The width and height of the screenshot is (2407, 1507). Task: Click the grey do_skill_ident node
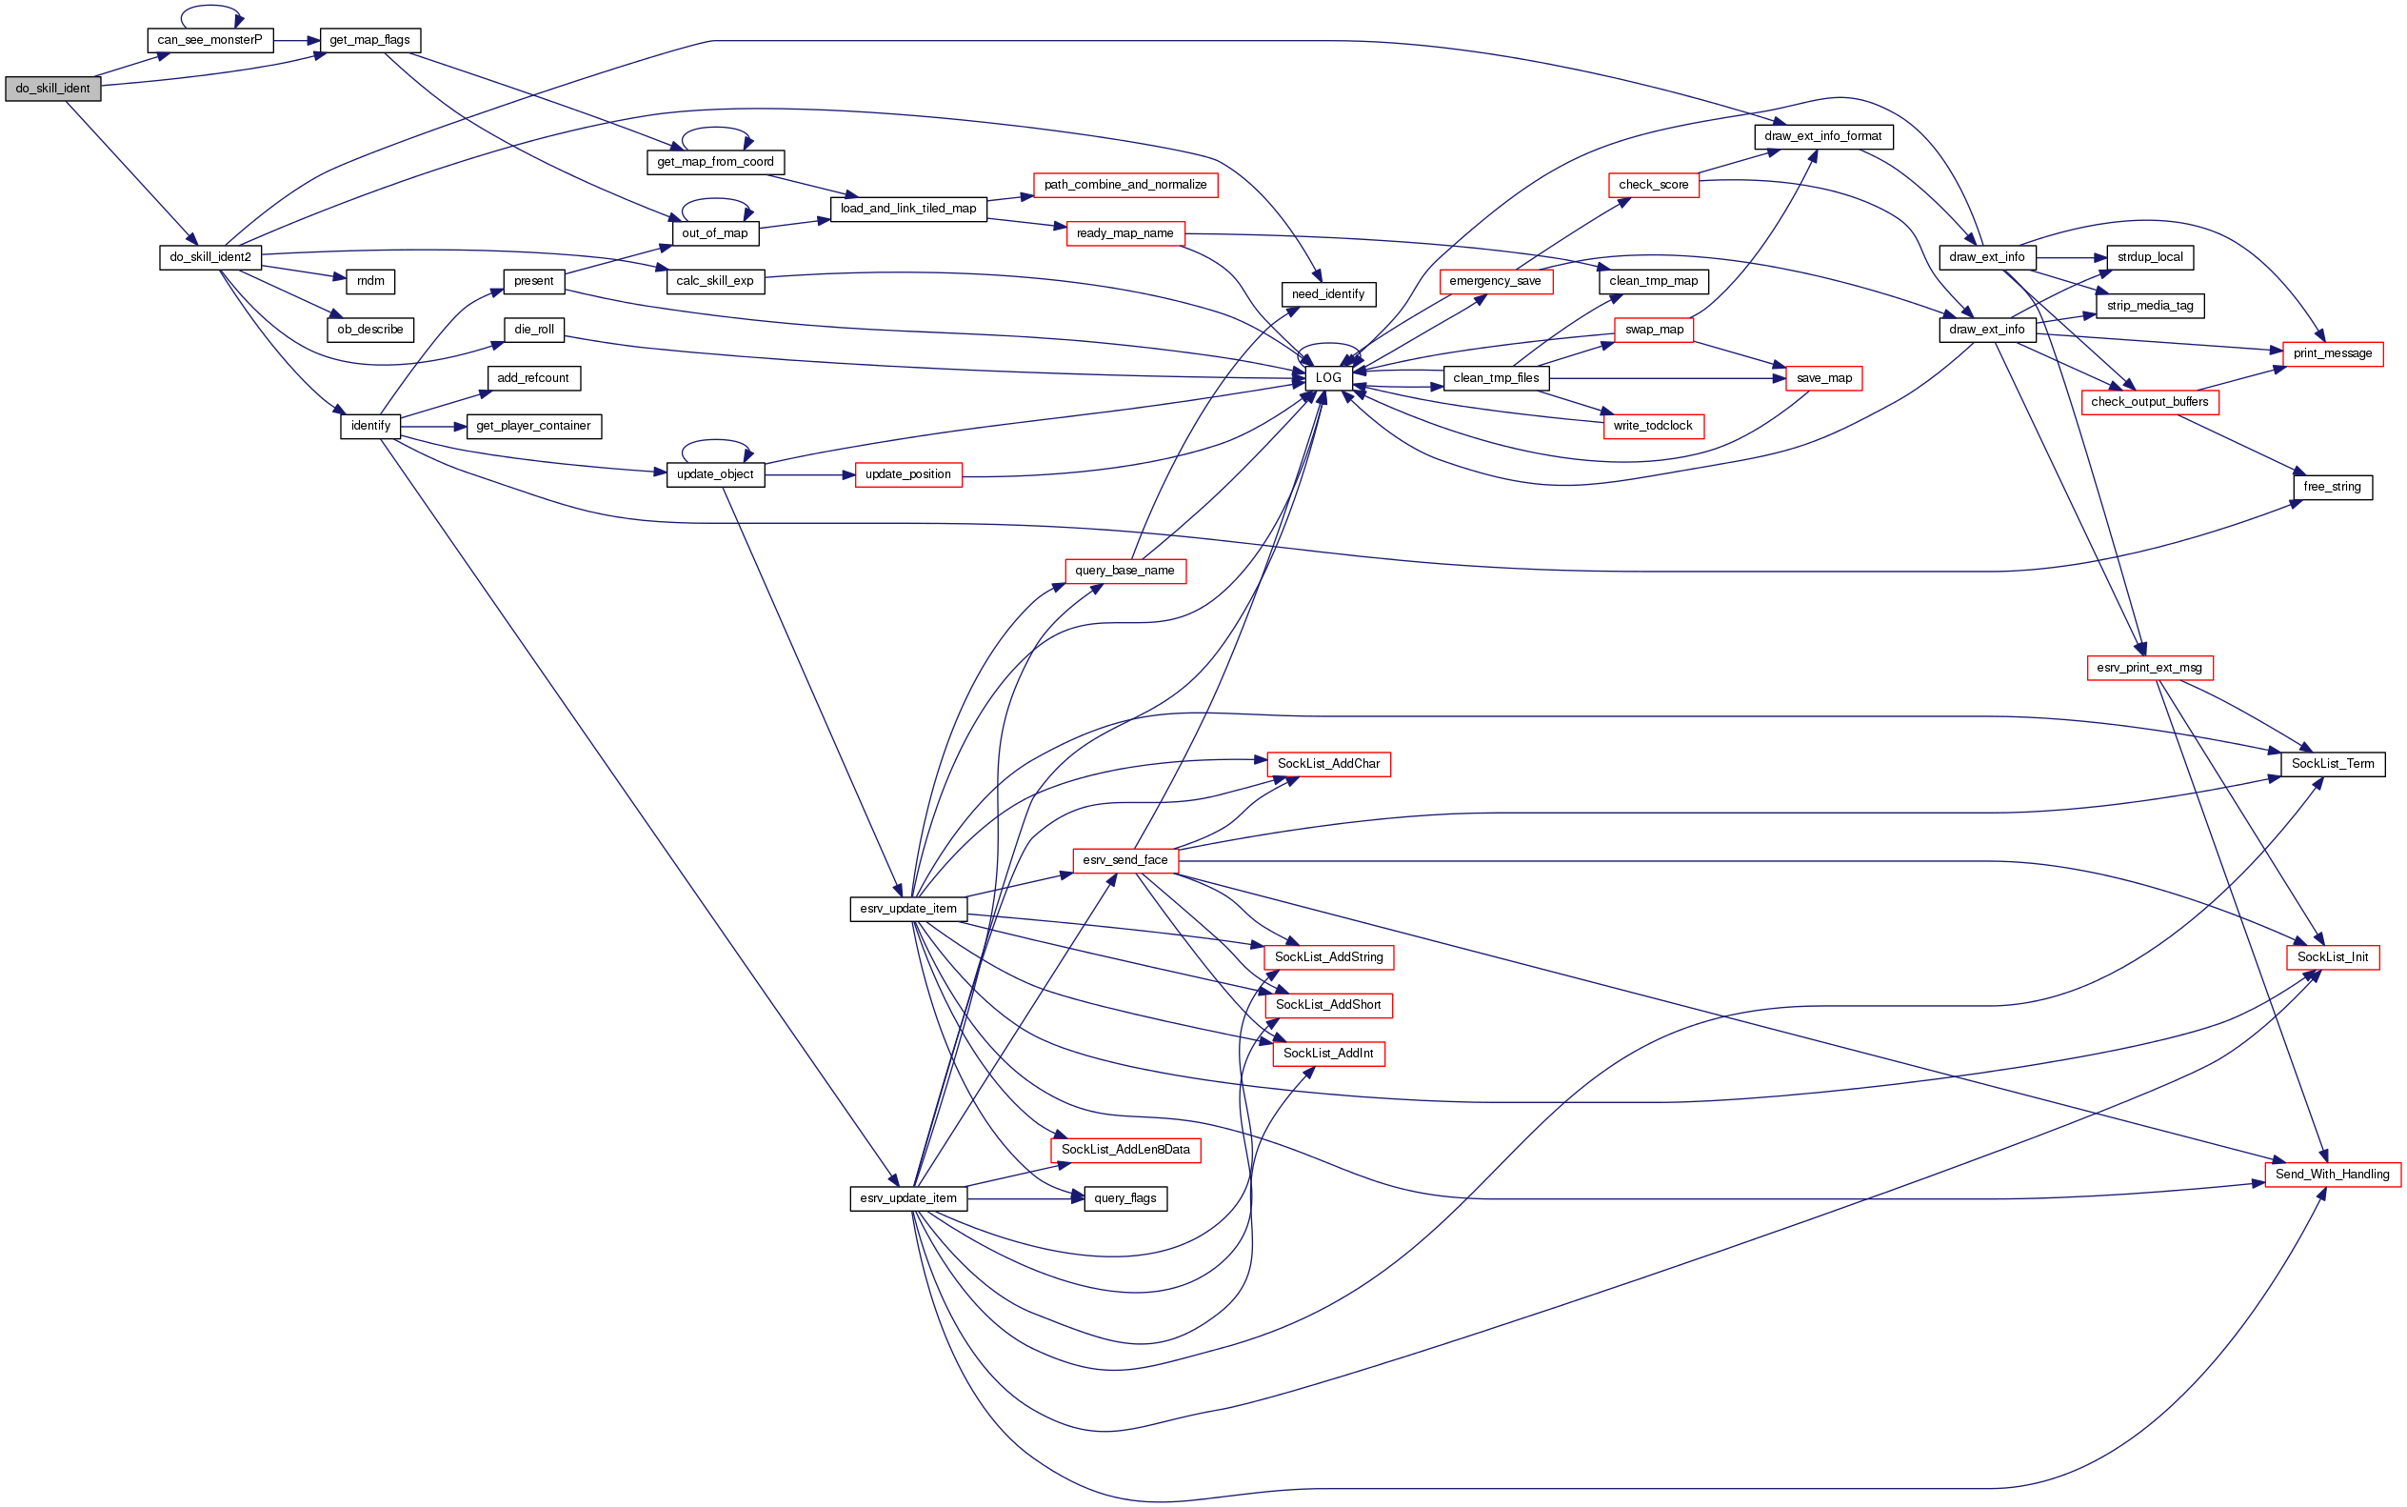coord(52,89)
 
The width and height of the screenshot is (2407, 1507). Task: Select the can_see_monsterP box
coord(209,41)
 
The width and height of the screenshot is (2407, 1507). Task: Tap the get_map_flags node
coord(369,41)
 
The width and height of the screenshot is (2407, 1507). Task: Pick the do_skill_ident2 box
coord(210,257)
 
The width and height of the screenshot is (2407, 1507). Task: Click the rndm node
coord(370,281)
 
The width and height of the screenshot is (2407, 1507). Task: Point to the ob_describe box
coord(369,330)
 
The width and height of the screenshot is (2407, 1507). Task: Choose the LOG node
coord(1328,378)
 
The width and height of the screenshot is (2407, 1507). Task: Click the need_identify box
coord(1328,294)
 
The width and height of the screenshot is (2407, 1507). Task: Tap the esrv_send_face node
coord(1124,860)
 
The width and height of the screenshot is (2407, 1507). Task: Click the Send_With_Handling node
coord(2333,1175)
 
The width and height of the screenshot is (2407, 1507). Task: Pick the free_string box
coord(2333,488)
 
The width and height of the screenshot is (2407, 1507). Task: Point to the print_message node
coord(2333,353)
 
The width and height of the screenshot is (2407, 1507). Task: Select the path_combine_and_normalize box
coord(1124,186)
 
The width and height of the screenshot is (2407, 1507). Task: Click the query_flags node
coord(1124,1198)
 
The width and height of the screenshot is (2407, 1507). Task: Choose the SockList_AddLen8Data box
coord(1124,1150)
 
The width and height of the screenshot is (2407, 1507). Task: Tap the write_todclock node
coord(1653,427)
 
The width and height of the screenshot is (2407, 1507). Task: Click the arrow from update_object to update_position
coord(810,475)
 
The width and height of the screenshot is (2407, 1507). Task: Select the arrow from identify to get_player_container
coord(433,427)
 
